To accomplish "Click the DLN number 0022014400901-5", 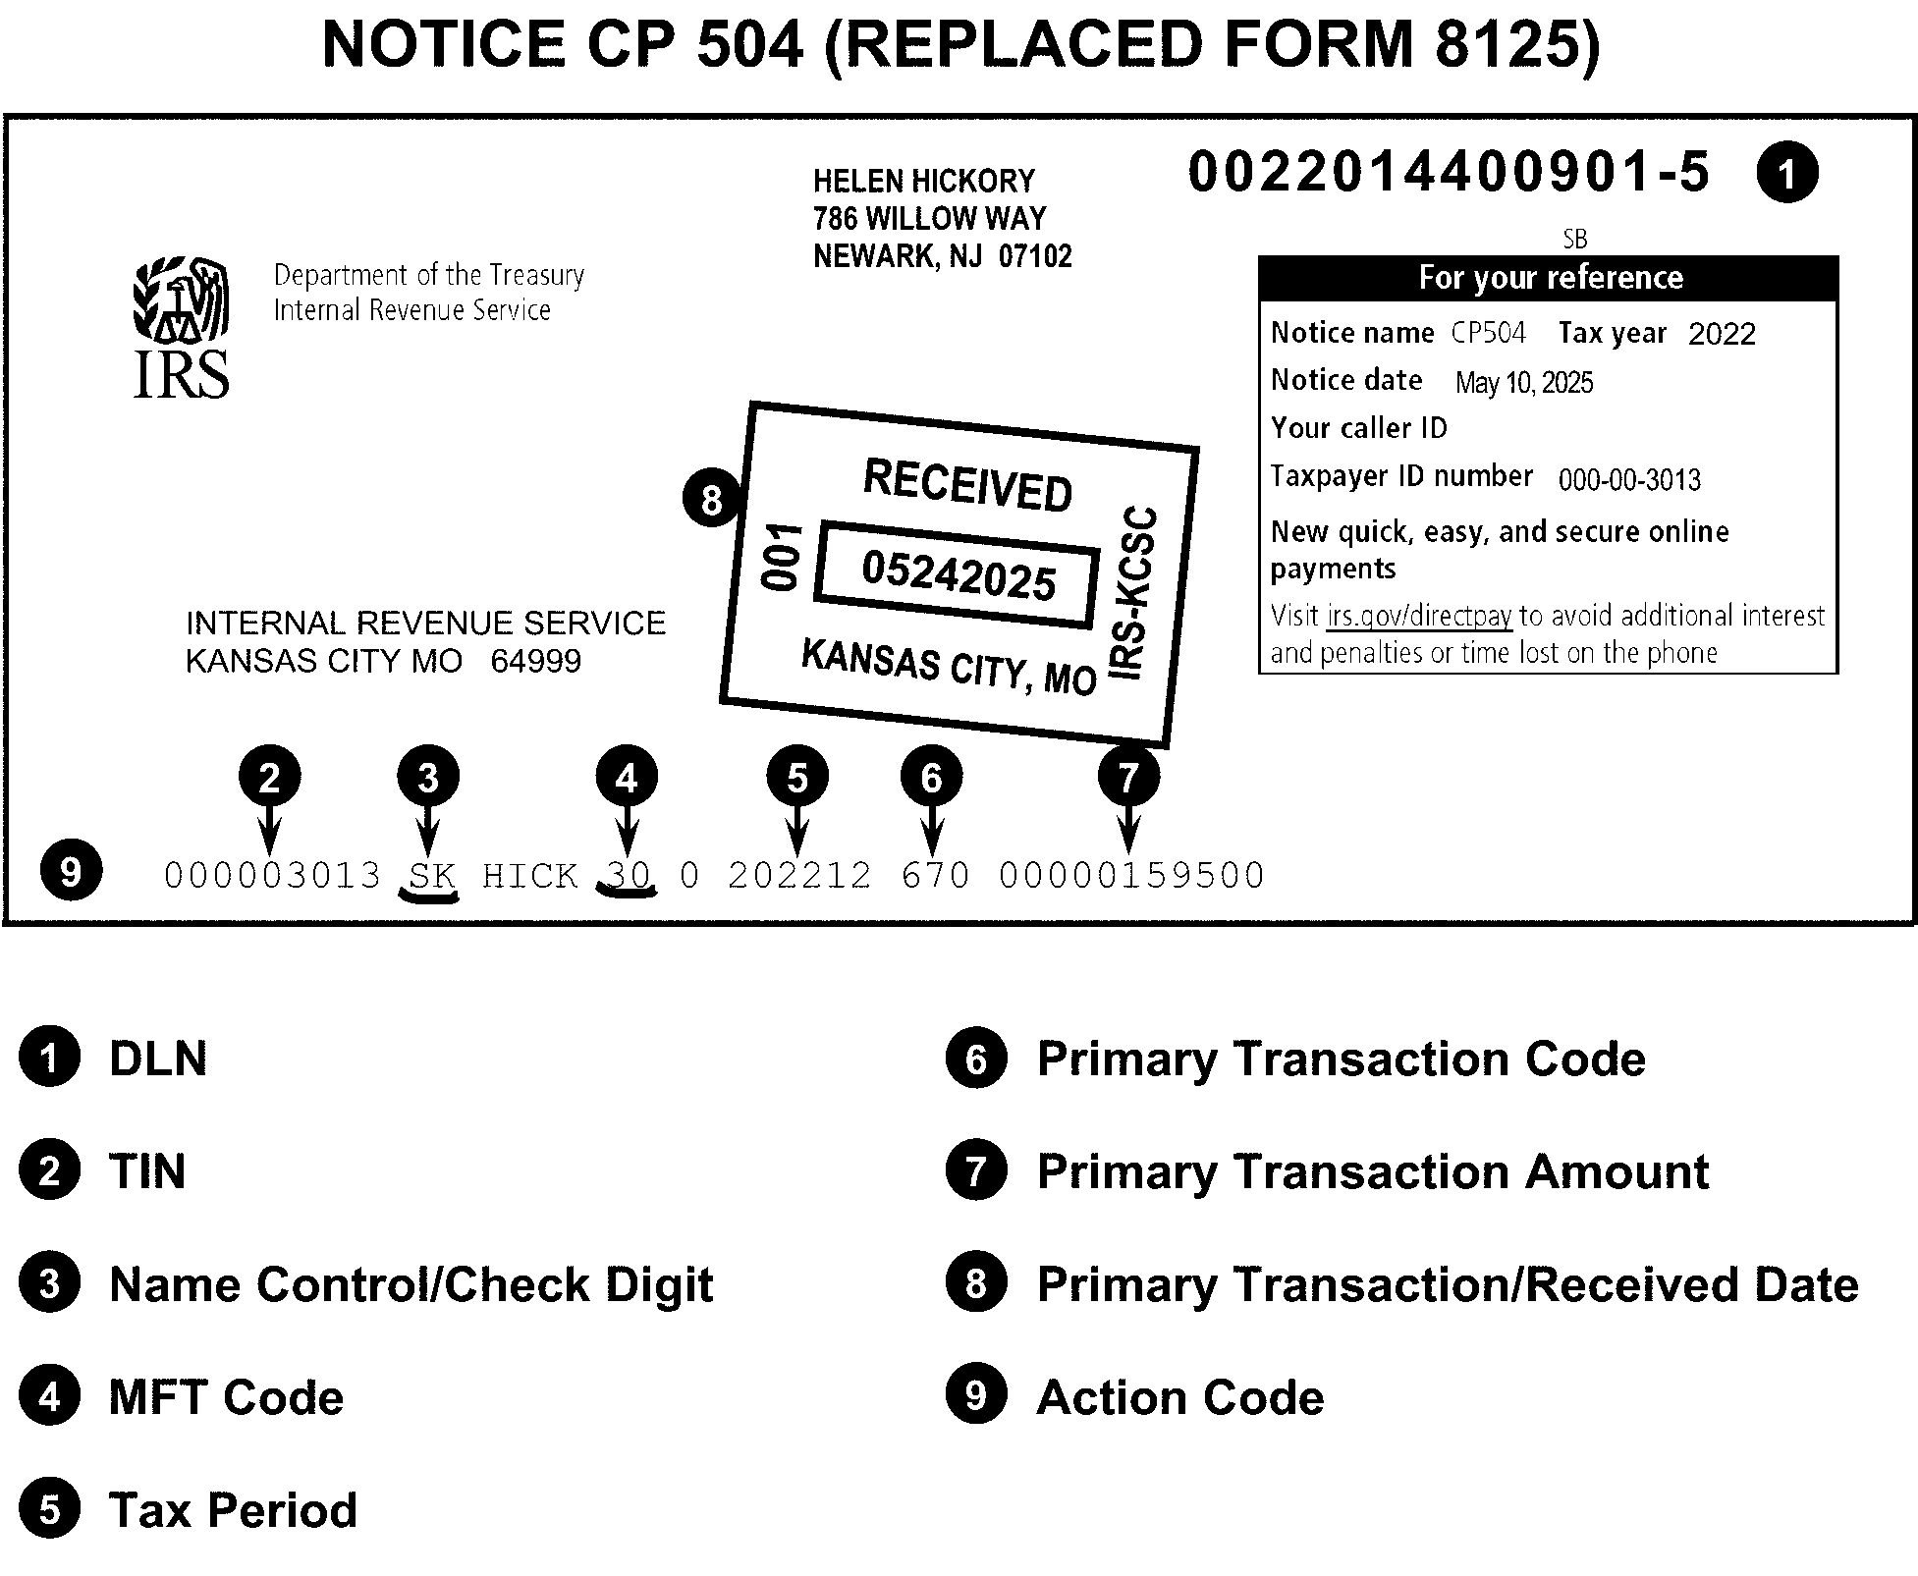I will (1449, 173).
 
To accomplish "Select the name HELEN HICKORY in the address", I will (923, 182).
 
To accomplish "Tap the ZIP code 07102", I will (1035, 256).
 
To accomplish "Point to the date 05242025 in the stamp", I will (959, 574).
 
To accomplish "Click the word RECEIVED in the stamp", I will (967, 485).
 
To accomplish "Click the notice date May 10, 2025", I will (1523, 383).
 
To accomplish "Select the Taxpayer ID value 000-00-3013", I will (1629, 479).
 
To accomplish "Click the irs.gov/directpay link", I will (1419, 616).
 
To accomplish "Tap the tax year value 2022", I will (1722, 334).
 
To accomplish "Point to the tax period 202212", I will (799, 875).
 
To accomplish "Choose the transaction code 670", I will (935, 875).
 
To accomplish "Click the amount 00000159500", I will (1131, 875).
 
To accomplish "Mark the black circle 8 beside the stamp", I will (712, 499).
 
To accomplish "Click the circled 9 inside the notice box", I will (71, 870).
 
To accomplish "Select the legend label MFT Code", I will (226, 1397).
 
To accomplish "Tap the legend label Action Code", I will (1179, 1397).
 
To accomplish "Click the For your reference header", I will (1549, 278).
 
